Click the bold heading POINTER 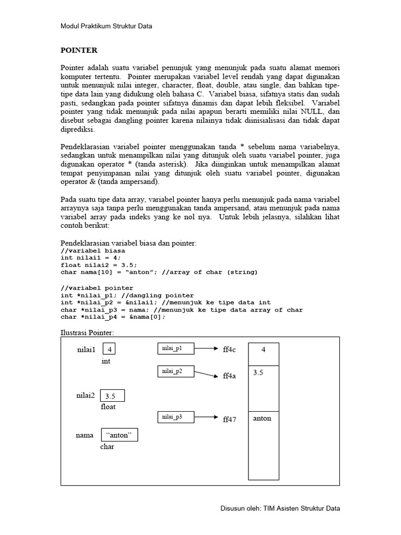(79, 50)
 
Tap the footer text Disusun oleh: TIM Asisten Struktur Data (281, 508)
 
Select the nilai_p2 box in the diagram (176, 371)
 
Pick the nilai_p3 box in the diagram (176, 417)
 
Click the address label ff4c (229, 350)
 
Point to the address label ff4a (229, 376)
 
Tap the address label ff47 (229, 419)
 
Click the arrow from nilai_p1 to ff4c (206, 348)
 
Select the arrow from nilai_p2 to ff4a (206, 374)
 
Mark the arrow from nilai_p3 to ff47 (206, 417)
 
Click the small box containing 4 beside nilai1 (109, 348)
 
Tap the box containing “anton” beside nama (119, 435)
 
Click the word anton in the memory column (262, 418)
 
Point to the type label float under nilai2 (108, 406)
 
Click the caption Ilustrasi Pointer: (87, 333)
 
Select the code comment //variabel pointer (97, 288)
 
